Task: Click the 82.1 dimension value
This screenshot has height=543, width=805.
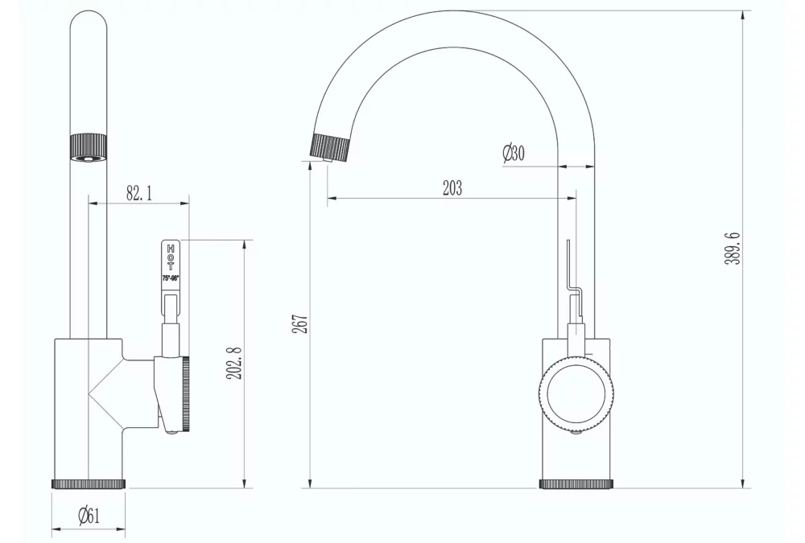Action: pyautogui.click(x=138, y=193)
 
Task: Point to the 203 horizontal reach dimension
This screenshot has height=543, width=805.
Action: pyautogui.click(x=452, y=187)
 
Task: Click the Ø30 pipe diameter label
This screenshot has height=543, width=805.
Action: pyautogui.click(x=513, y=153)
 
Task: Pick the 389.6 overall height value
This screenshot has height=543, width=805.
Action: pyautogui.click(x=732, y=249)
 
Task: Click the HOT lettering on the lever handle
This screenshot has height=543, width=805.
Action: pyautogui.click(x=171, y=257)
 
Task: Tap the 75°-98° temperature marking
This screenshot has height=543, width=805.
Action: pyautogui.click(x=171, y=278)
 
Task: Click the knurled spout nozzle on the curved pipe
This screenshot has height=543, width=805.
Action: pyautogui.click(x=331, y=146)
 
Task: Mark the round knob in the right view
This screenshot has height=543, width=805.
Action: pyautogui.click(x=576, y=394)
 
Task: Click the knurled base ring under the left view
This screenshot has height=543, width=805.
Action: pyautogui.click(x=89, y=483)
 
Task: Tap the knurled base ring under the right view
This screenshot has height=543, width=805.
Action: pyautogui.click(x=576, y=483)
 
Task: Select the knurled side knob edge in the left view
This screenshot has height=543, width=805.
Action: pyautogui.click(x=186, y=394)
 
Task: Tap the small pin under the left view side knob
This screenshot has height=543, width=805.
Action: pyautogui.click(x=172, y=434)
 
